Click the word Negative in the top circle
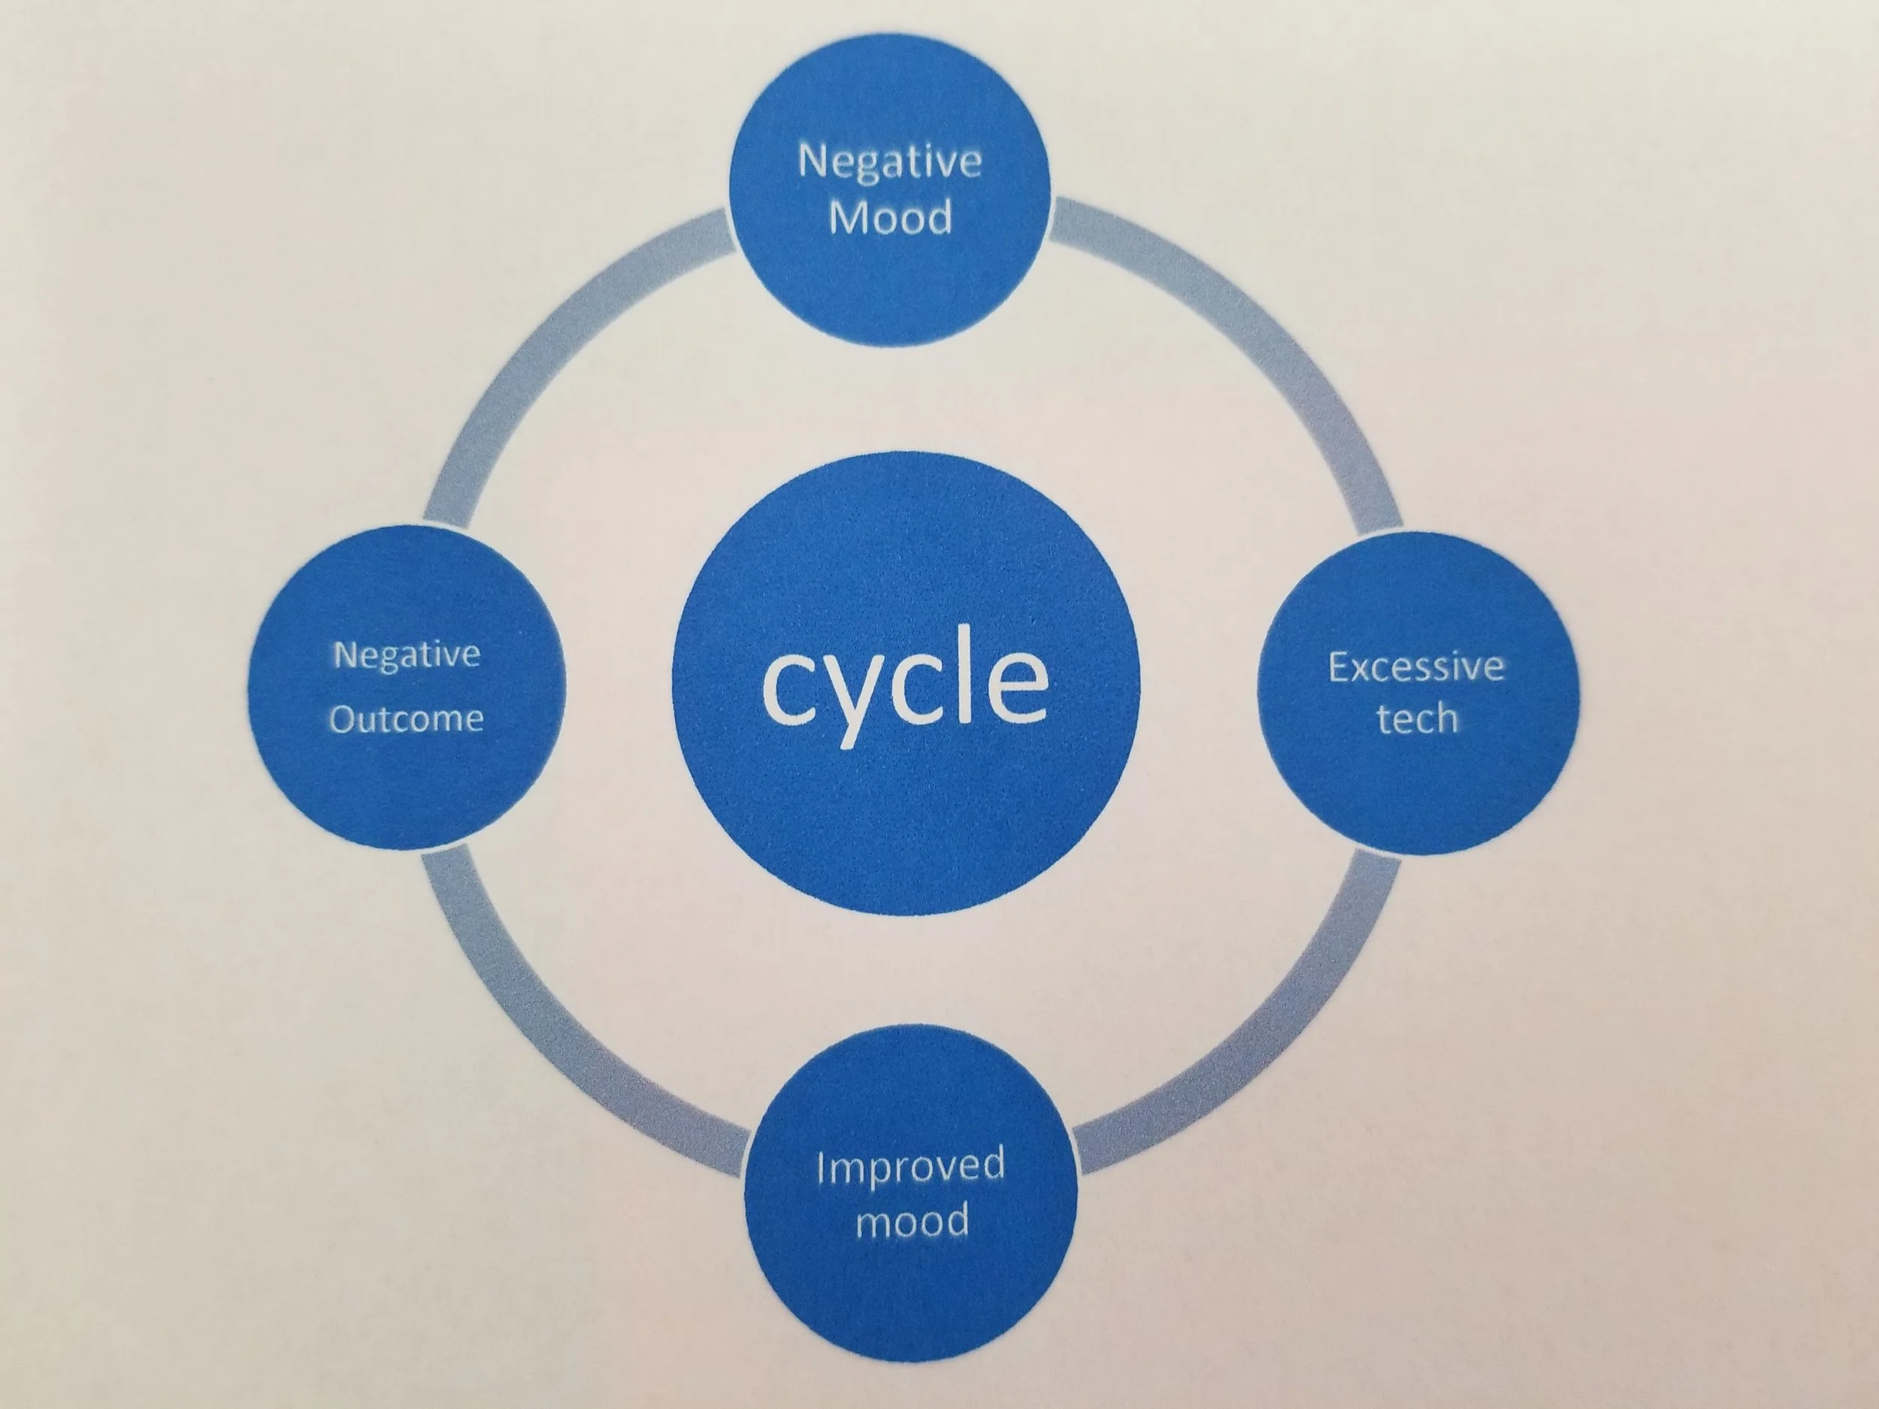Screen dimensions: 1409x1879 tap(889, 161)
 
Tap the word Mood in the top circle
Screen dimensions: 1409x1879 tap(889, 218)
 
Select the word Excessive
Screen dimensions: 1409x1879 tap(1416, 667)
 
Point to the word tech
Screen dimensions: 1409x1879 tap(1417, 718)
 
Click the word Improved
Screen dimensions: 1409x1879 tap(909, 1167)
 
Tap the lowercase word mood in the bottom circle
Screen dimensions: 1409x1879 tap(912, 1220)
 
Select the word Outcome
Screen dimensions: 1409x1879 tap(406, 719)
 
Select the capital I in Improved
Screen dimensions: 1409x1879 tap(821, 1166)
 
